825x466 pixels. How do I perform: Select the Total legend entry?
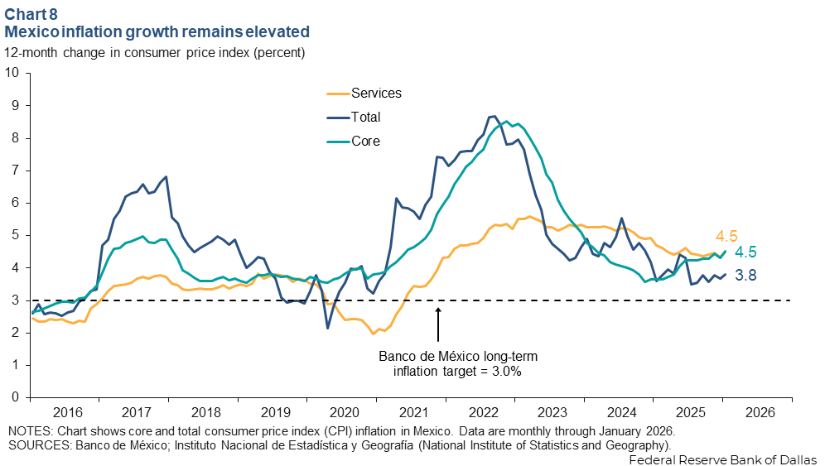365,118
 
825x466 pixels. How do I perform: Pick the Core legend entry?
365,142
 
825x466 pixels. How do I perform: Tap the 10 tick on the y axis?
13,73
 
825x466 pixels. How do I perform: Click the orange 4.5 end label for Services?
726,235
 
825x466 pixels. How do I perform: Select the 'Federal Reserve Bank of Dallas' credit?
723,459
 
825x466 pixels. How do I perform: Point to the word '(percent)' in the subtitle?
279,52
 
